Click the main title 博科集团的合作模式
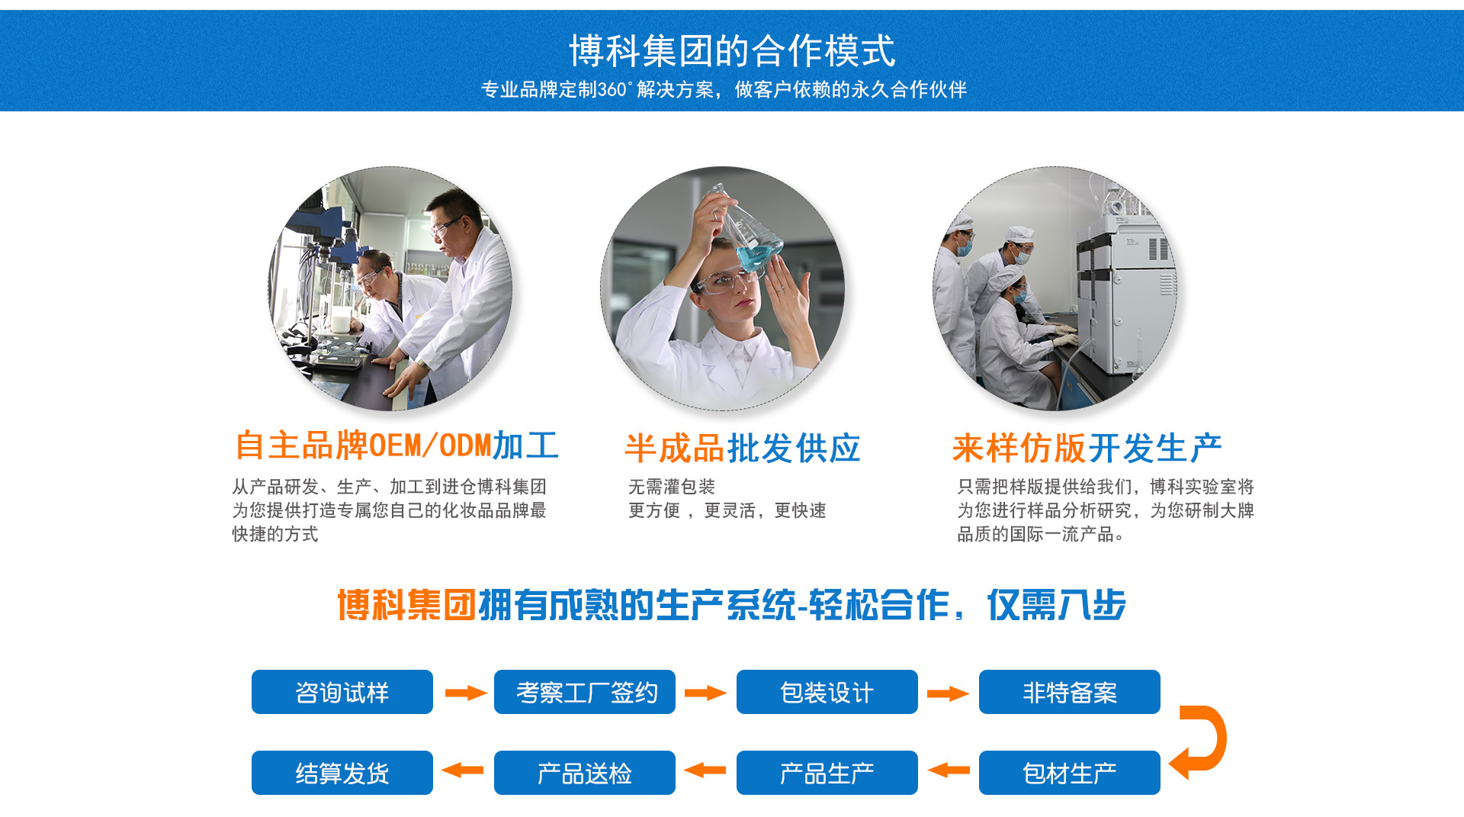tap(732, 51)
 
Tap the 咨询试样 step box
tap(342, 692)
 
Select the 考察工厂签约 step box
tap(585, 692)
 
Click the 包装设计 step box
tap(827, 692)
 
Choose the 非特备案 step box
tap(1070, 692)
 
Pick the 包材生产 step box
tap(1070, 773)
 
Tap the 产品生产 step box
tap(827, 773)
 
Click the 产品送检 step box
tap(585, 773)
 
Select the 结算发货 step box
tap(342, 773)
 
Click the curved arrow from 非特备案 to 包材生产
tap(1222, 738)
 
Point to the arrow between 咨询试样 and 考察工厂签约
tap(466, 693)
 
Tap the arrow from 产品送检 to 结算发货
tap(463, 770)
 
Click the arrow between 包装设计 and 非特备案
tap(948, 693)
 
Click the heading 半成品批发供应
tap(743, 448)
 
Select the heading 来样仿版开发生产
tap(1087, 448)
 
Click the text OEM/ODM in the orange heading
tap(430, 445)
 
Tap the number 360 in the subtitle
tap(612, 89)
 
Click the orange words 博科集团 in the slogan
tap(407, 605)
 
